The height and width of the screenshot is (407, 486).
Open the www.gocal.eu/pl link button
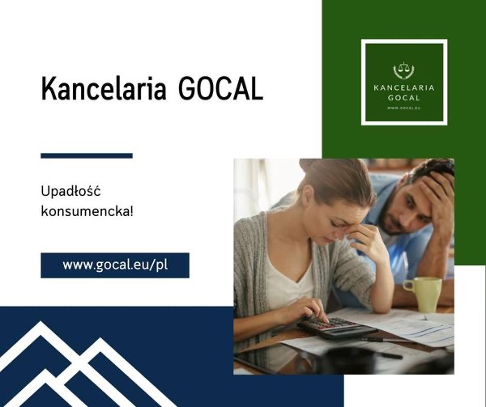[x=114, y=265]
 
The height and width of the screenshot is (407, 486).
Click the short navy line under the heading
[x=86, y=155]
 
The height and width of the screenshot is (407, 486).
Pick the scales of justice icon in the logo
[x=403, y=70]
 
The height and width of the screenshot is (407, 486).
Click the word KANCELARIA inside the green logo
[x=403, y=87]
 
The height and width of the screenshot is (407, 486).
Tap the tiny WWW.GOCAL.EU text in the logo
[x=403, y=107]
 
